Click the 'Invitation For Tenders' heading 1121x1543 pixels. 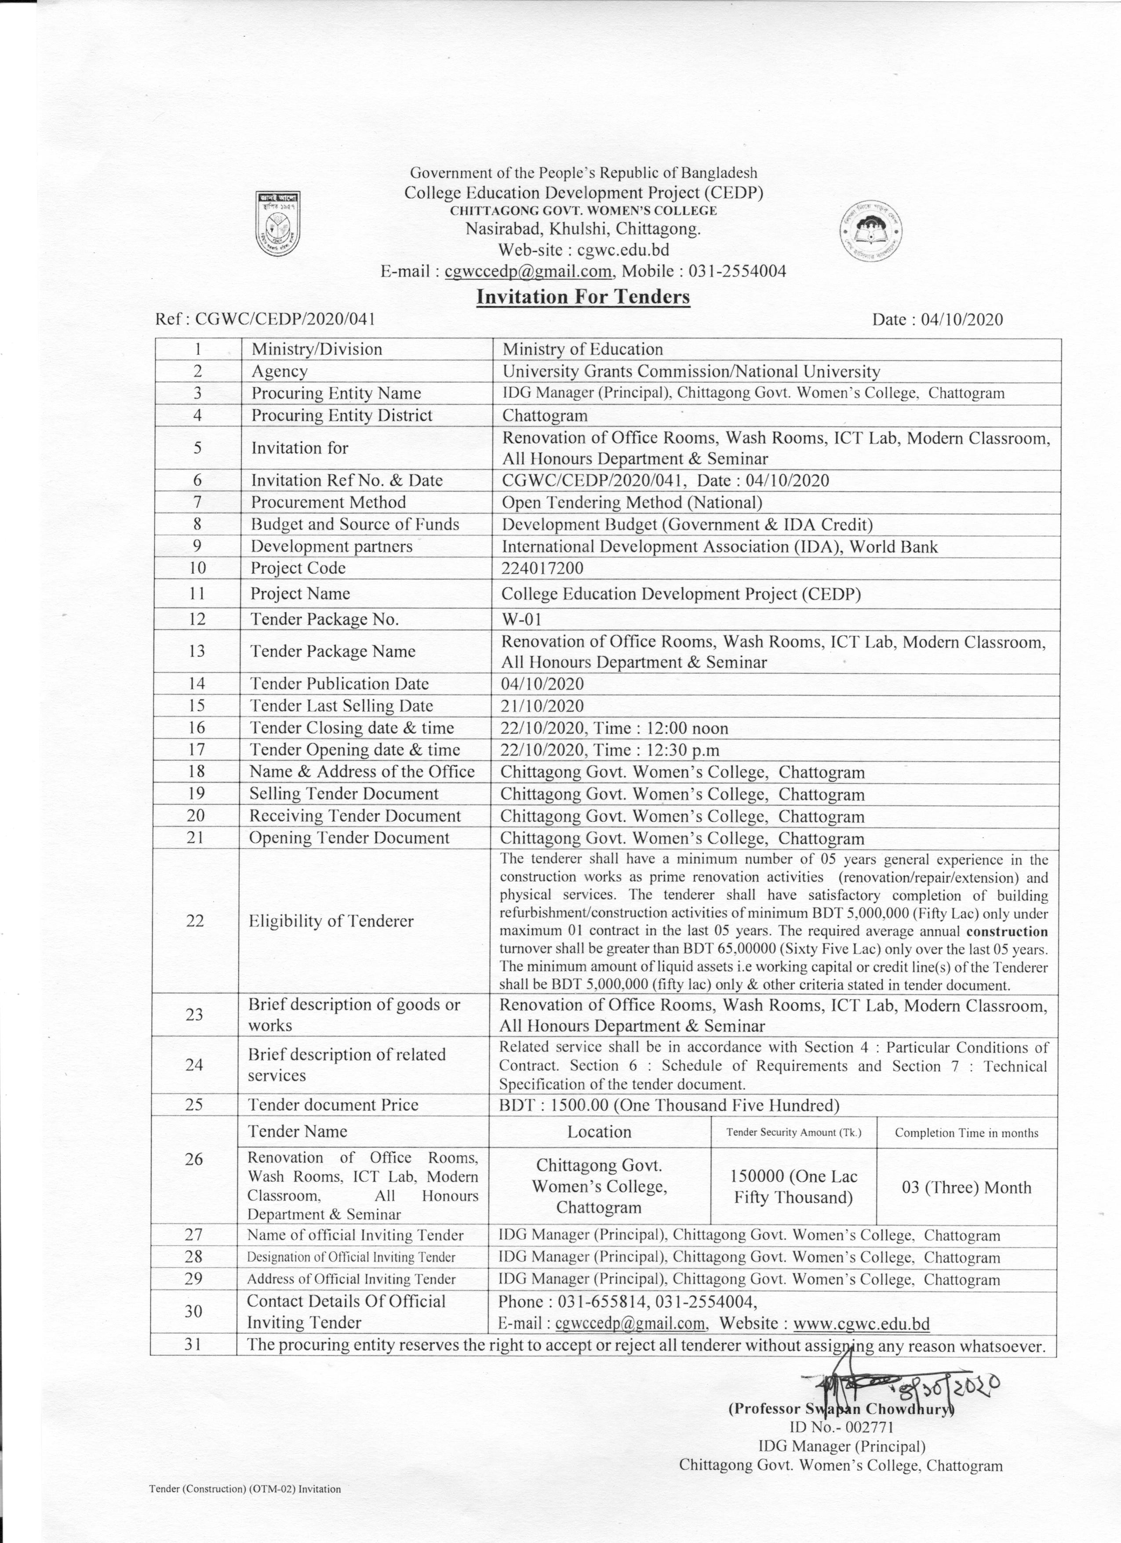pyautogui.click(x=583, y=297)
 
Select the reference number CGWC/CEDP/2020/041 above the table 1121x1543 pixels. pyautogui.click(x=285, y=319)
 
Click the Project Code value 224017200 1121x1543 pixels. pyautogui.click(x=542, y=568)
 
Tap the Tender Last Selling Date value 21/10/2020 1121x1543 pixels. pyautogui.click(x=542, y=706)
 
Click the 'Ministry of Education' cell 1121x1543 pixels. pyautogui.click(x=582, y=349)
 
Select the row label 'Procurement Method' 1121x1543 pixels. pyautogui.click(x=328, y=502)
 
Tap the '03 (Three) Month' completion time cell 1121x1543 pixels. pyautogui.click(x=966, y=1188)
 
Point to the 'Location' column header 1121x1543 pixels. pyautogui.click(x=599, y=1132)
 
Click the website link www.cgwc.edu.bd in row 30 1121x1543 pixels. pyautogui.click(x=861, y=1323)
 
